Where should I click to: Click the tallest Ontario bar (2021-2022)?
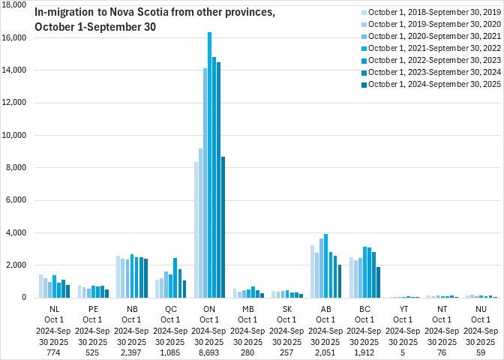(x=209, y=165)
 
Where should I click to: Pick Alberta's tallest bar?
(x=325, y=266)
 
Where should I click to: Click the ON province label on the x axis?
(x=210, y=307)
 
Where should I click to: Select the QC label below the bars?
(x=171, y=307)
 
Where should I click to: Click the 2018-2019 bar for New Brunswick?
(x=118, y=277)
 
